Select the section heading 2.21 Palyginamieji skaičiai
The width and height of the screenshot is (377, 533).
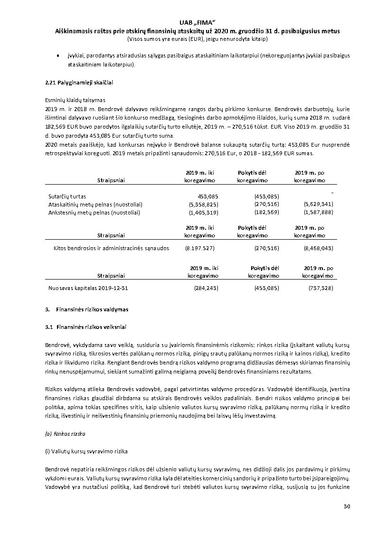[78, 83]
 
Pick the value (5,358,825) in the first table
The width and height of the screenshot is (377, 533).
[202, 204]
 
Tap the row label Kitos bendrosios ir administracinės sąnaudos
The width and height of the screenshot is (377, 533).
[111, 248]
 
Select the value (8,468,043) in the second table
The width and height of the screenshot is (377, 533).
[318, 248]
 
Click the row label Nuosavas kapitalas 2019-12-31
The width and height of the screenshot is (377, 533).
[88, 288]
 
